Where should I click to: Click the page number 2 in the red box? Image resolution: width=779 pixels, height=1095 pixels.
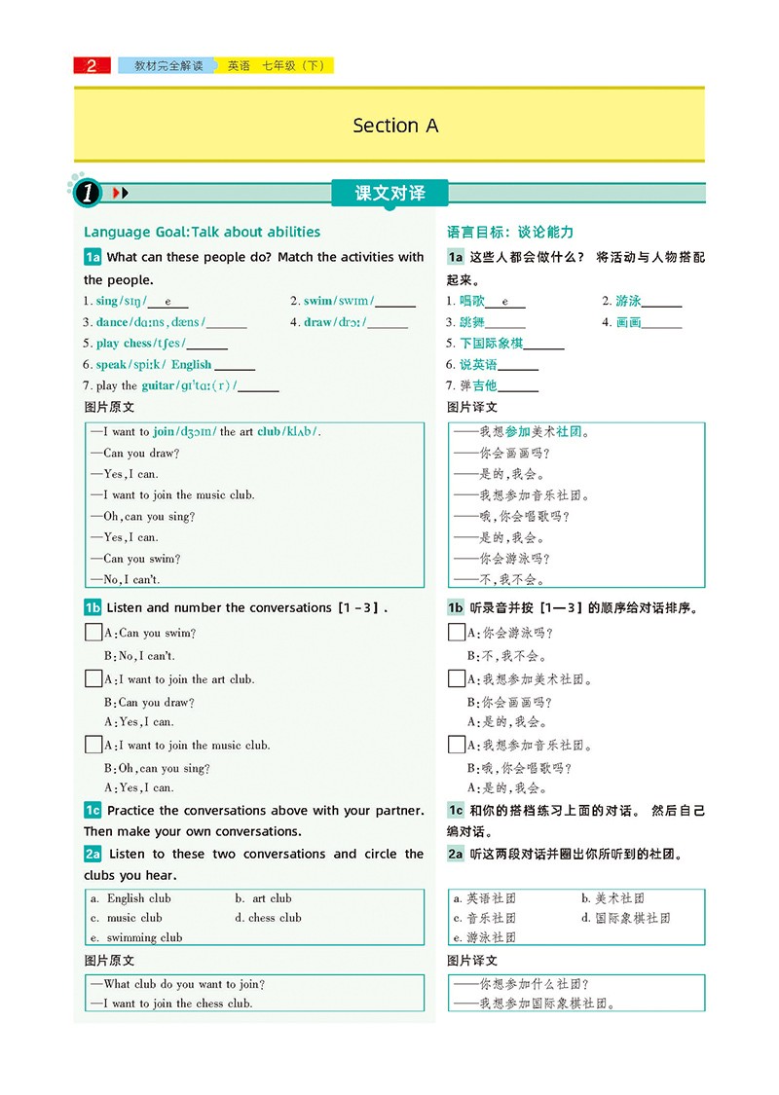click(x=93, y=66)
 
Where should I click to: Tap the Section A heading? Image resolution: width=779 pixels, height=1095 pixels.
click(x=395, y=126)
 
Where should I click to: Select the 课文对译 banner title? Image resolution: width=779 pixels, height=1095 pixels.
click(x=389, y=193)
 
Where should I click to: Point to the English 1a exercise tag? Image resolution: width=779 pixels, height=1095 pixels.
click(x=93, y=257)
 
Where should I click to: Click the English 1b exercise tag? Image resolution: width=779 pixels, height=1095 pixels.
click(x=93, y=607)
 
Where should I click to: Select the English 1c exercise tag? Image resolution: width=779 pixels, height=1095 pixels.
click(x=93, y=810)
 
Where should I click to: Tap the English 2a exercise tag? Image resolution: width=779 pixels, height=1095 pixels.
click(x=93, y=854)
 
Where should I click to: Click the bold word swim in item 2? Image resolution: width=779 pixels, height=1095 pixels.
click(x=317, y=301)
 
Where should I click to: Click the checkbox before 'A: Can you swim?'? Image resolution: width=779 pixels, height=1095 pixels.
click(x=93, y=633)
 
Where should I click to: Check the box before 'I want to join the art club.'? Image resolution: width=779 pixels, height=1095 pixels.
click(x=93, y=678)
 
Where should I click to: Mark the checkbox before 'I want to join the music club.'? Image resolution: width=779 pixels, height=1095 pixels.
click(x=93, y=745)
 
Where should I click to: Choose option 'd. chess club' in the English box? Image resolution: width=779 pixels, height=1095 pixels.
click(x=268, y=918)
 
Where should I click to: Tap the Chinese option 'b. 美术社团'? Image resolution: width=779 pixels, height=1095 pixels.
click(x=612, y=898)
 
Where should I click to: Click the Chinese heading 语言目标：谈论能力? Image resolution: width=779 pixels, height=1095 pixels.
click(x=510, y=232)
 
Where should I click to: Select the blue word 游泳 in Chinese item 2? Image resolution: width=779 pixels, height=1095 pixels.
click(x=628, y=301)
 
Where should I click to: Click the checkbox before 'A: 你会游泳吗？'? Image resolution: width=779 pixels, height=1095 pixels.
click(x=456, y=633)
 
